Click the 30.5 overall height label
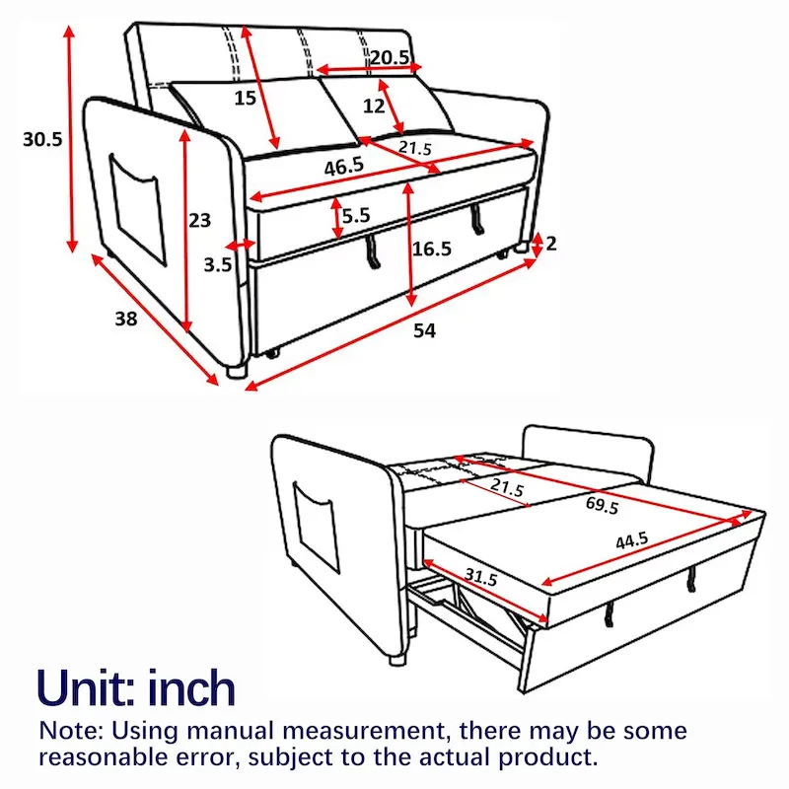pyautogui.click(x=42, y=140)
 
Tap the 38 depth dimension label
pyautogui.click(x=124, y=319)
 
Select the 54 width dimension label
pyautogui.click(x=424, y=331)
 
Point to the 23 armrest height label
pyautogui.click(x=200, y=221)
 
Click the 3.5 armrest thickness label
pyautogui.click(x=219, y=264)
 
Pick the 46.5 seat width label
pyautogui.click(x=343, y=168)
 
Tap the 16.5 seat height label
pyautogui.click(x=432, y=250)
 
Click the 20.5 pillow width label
pyautogui.click(x=390, y=57)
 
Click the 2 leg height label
pyautogui.click(x=551, y=243)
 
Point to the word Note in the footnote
pyautogui.click(x=73, y=732)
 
